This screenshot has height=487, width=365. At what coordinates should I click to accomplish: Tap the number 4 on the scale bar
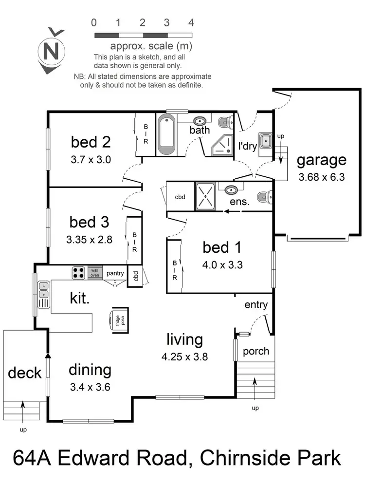191,22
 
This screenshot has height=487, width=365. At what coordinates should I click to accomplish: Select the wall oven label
94,273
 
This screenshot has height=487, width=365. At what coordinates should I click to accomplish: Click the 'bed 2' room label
91,142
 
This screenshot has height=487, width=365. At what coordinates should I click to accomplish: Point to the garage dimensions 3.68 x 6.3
321,177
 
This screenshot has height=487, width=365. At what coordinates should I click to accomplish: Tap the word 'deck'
24,374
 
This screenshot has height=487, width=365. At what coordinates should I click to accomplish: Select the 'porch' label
255,351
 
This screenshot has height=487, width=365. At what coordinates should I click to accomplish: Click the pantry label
115,273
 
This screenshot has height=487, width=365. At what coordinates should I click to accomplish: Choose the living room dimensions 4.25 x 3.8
184,356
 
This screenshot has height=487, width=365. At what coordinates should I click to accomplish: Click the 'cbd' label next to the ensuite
180,197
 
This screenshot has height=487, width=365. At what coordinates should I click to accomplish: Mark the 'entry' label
256,305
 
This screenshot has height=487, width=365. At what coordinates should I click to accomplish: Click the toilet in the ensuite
263,196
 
